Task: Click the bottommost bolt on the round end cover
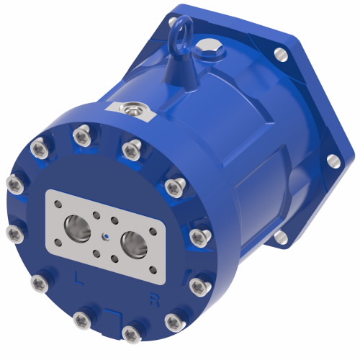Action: click(x=130, y=333)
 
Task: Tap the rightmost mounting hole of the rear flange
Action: click(x=333, y=160)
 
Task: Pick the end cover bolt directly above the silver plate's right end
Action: click(x=172, y=188)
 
